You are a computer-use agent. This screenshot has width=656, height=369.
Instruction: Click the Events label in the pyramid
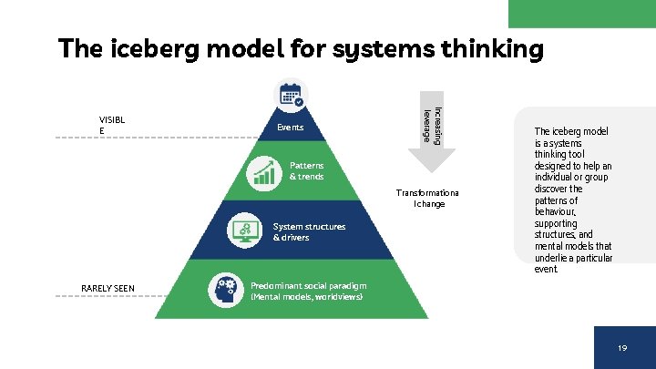click(290, 128)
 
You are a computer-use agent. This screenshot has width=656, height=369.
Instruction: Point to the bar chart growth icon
click(265, 171)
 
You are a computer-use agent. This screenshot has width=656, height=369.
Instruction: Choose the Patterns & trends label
click(306, 170)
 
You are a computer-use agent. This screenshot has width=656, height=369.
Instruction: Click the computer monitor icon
click(245, 231)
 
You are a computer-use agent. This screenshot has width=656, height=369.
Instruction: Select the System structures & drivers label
click(309, 231)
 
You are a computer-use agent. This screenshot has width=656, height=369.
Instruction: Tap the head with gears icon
click(225, 290)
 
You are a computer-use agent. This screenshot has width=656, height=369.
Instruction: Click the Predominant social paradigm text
click(307, 285)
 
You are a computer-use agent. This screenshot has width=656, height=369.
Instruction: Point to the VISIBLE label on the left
click(113, 124)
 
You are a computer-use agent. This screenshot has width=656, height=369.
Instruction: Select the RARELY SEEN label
click(108, 289)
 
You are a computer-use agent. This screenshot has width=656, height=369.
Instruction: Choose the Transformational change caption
click(427, 198)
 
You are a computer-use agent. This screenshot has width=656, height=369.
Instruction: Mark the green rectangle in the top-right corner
click(581, 13)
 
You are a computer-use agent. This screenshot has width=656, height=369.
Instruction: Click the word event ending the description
click(545, 270)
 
